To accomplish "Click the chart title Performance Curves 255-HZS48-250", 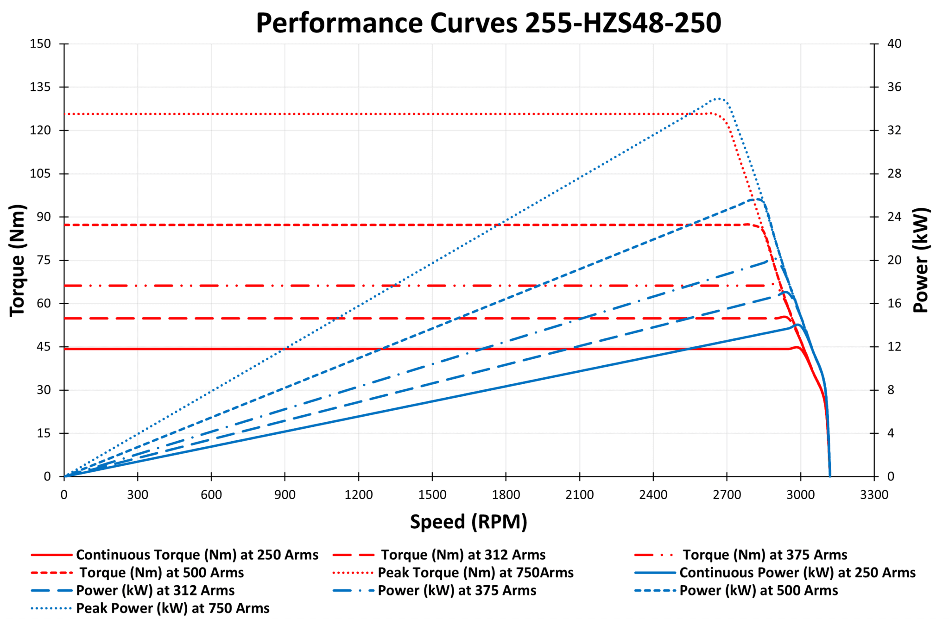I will [488, 23].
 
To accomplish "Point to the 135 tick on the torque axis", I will [40, 87].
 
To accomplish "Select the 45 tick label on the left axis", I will [40, 347].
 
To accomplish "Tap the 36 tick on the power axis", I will [894, 87].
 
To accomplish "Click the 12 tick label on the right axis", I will [894, 347].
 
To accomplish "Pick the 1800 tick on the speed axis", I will [506, 495].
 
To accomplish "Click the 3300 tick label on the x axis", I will [874, 495].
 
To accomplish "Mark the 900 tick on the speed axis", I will [285, 495].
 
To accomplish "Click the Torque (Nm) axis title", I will [18, 260].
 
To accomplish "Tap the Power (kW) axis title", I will [921, 260].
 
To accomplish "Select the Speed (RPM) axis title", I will [468, 522].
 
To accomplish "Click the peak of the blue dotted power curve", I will [719, 99].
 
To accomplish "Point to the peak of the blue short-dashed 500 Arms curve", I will [757, 199].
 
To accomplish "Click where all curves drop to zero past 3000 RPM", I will [830, 475].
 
